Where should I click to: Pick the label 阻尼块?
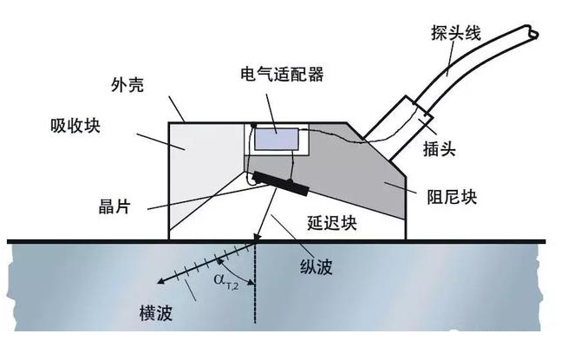(x=452, y=194)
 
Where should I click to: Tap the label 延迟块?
(x=333, y=223)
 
